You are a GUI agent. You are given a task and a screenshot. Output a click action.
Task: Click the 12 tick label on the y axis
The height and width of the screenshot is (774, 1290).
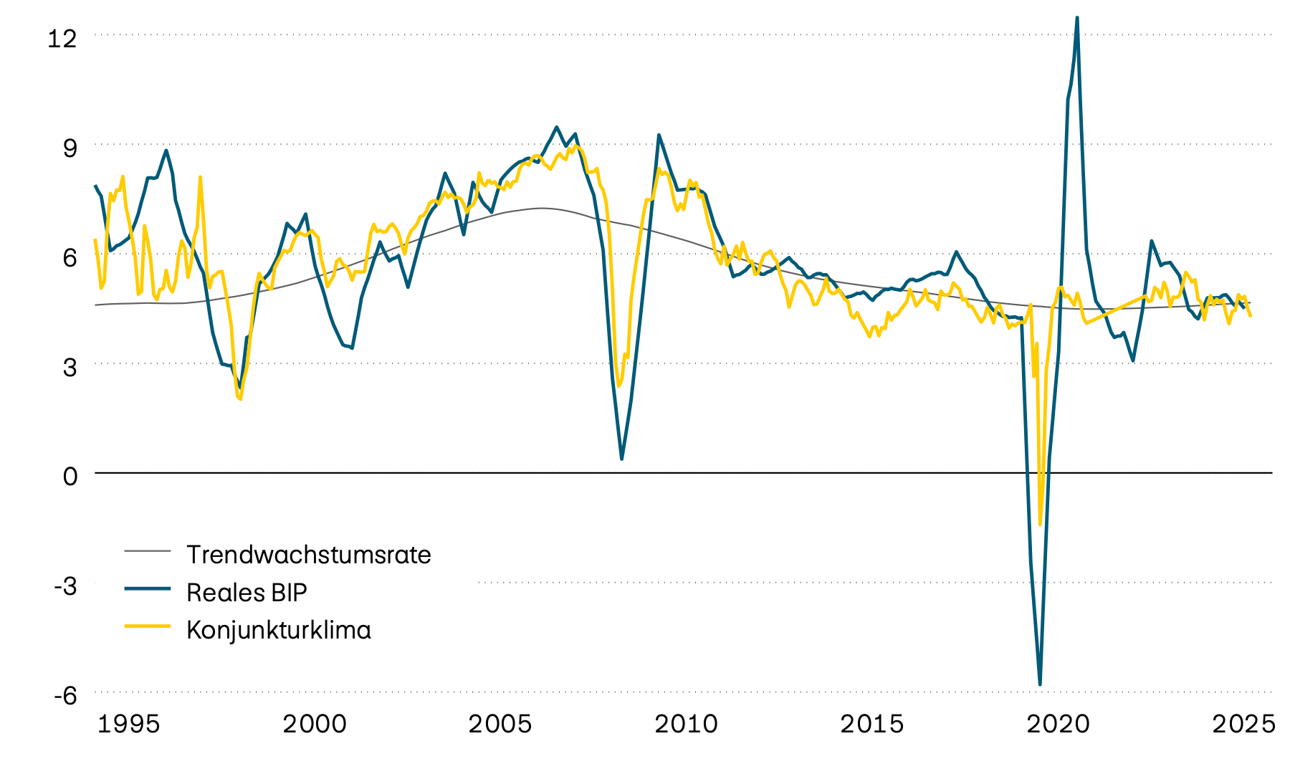click(x=62, y=38)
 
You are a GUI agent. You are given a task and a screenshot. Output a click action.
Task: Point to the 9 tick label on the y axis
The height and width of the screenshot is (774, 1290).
click(x=70, y=148)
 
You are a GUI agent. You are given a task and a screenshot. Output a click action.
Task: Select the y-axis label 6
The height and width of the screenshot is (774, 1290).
click(x=70, y=257)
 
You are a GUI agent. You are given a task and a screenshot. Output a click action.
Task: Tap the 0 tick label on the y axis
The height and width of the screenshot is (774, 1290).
click(x=70, y=476)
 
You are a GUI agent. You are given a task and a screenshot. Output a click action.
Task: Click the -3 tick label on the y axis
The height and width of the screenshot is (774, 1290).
click(x=65, y=586)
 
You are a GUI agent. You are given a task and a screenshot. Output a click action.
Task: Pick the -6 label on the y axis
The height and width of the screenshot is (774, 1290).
click(x=65, y=695)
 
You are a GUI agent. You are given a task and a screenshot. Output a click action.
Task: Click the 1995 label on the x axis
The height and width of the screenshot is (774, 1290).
click(x=128, y=724)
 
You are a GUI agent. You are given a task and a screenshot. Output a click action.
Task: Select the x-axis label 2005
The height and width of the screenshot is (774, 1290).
click(x=500, y=724)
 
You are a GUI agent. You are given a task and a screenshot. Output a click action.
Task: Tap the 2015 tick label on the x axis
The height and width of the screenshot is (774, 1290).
click(x=871, y=724)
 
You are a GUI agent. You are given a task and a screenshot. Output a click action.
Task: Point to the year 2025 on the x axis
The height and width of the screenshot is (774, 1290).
click(x=1243, y=724)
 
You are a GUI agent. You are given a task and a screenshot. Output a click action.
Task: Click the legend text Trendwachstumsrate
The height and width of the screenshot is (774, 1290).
click(x=308, y=555)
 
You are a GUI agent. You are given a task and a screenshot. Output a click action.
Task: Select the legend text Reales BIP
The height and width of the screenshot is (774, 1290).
click(x=247, y=593)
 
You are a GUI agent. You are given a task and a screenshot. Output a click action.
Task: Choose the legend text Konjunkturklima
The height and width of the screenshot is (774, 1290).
click(x=279, y=630)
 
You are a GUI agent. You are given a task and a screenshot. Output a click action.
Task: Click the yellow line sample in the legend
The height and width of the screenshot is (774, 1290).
click(x=148, y=626)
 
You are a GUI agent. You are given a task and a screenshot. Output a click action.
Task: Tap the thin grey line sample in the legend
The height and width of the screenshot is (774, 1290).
click(x=148, y=550)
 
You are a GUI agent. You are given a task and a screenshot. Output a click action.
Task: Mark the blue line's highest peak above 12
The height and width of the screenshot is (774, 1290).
click(x=1077, y=18)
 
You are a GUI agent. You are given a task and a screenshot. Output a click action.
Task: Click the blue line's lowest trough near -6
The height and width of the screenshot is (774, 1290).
click(x=1040, y=684)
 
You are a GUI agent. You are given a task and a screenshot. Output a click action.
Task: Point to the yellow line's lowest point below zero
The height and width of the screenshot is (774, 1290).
click(x=1040, y=524)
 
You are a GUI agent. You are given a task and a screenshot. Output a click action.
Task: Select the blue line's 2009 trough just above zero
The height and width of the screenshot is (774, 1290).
click(x=621, y=459)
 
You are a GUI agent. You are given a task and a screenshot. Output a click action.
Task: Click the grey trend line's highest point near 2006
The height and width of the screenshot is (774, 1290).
click(x=541, y=208)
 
